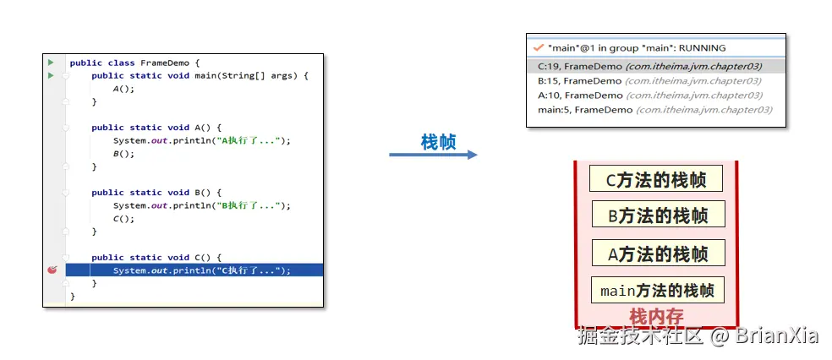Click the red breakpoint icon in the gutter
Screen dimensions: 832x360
pos(52,270)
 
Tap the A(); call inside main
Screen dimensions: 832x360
pos(123,89)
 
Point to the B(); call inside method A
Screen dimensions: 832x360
pos(123,154)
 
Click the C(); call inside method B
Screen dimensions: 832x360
pos(123,218)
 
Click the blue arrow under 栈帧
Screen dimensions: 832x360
pos(433,155)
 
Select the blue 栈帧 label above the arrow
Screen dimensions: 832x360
pos(438,141)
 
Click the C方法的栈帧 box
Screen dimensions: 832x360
pos(656,178)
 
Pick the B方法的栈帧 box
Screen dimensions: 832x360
pos(658,214)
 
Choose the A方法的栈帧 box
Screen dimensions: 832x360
pos(658,253)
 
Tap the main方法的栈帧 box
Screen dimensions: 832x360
pos(658,290)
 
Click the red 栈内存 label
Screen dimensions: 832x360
pos(656,317)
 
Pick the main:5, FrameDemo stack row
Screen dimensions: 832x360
pos(655,110)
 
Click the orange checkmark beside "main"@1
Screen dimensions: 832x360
pos(539,47)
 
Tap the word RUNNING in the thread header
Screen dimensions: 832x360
pos(702,47)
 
